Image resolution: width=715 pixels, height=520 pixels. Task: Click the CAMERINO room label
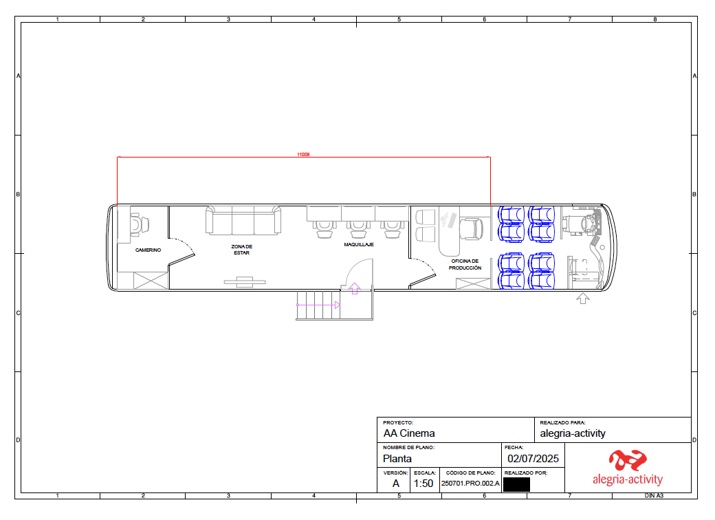(x=148, y=250)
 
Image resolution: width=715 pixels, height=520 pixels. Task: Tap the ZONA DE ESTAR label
(x=242, y=250)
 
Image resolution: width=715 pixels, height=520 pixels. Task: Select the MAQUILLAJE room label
(x=359, y=244)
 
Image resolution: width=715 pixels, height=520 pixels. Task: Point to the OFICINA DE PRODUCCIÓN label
(x=465, y=265)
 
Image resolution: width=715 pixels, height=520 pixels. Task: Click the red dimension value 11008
(x=303, y=154)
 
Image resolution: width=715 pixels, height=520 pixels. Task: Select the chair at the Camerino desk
(x=139, y=224)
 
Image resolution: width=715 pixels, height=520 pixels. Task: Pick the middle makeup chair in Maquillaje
(x=358, y=230)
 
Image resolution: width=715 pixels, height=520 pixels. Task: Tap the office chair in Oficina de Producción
(x=472, y=228)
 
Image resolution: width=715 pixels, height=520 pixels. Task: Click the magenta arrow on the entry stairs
(x=318, y=305)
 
